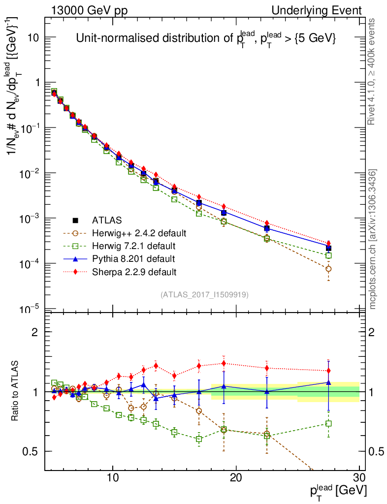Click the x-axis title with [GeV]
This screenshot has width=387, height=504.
[339, 491]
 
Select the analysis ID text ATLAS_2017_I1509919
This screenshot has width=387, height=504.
[205, 295]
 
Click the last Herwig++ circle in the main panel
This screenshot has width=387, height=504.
[328, 269]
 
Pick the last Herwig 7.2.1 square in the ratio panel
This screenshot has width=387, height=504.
[328, 423]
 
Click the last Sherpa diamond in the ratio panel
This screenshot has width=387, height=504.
[328, 371]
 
